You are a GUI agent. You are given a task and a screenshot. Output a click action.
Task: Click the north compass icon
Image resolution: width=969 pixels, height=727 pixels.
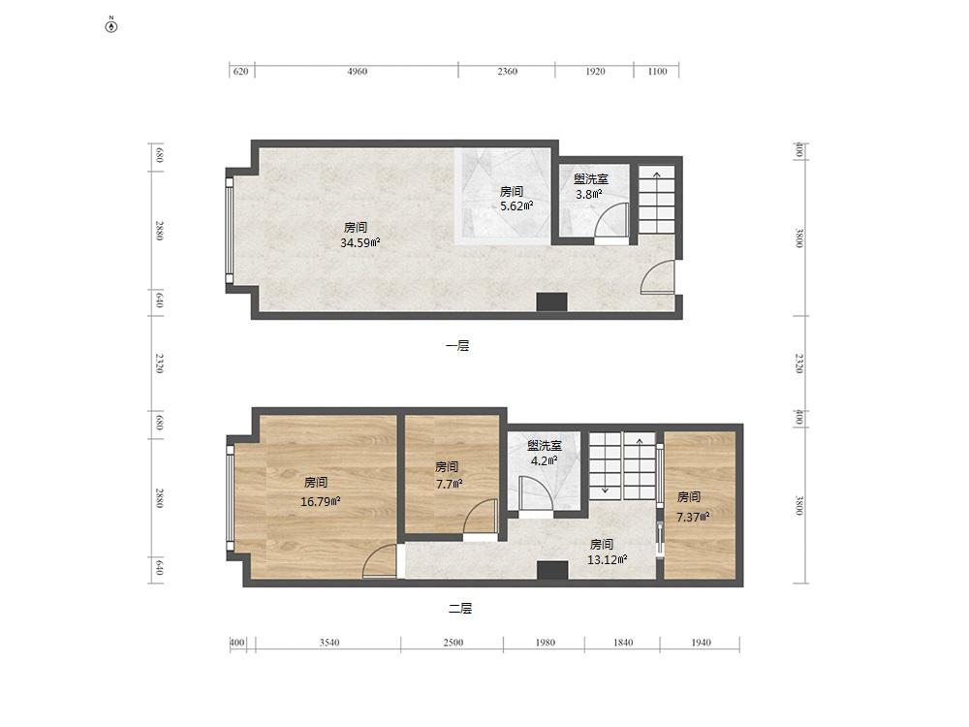point(111,26)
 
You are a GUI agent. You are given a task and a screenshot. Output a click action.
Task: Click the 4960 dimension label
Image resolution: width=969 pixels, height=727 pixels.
point(358,71)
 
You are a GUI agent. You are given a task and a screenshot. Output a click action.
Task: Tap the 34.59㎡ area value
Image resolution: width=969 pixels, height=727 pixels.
point(359,243)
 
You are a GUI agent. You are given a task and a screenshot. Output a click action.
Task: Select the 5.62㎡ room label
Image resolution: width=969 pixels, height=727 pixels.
point(516,205)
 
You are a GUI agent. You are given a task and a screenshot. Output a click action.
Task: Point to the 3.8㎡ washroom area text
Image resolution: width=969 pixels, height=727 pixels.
point(589,194)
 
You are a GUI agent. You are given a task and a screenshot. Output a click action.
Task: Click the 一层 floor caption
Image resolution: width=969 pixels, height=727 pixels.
point(457,346)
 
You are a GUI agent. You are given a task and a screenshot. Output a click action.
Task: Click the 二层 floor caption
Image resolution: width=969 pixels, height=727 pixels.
point(460,609)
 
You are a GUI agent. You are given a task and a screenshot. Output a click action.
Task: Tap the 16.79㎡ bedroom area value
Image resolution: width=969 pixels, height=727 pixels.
point(320,501)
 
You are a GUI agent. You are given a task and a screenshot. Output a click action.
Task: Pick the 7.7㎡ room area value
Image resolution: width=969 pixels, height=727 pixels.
point(450,484)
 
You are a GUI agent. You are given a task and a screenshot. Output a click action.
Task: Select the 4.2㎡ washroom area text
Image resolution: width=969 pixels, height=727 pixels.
point(544,460)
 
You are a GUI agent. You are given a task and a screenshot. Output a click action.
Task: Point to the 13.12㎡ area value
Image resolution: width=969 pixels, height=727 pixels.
point(607,560)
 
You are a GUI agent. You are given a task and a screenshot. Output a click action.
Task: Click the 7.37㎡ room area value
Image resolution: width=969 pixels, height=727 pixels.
point(692,517)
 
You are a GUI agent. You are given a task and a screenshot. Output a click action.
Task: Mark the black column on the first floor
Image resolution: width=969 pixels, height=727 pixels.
point(552,301)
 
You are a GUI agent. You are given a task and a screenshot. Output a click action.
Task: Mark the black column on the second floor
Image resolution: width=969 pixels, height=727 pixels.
point(552,570)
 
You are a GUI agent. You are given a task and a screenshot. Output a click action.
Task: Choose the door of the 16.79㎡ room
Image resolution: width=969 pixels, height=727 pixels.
point(380,561)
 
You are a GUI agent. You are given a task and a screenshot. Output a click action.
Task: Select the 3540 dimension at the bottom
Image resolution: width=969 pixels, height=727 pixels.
point(329,643)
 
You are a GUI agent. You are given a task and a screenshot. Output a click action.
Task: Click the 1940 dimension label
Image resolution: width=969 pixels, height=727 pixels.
point(701,643)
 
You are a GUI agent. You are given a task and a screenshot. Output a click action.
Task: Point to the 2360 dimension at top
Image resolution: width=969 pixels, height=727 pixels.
point(508,71)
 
